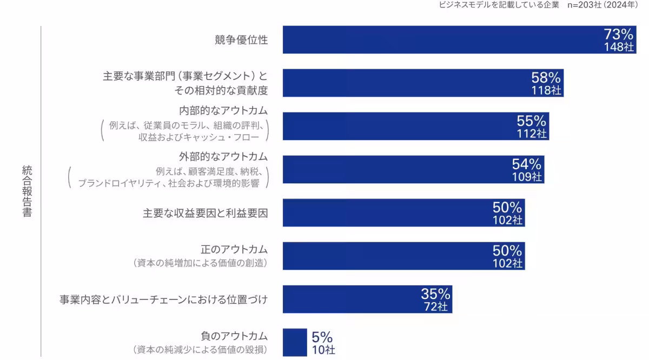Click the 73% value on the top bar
pyautogui.click(x=618, y=35)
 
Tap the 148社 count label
pyautogui.click(x=619, y=46)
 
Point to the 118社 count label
pyautogui.click(x=546, y=90)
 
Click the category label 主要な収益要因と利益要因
pyautogui.click(x=205, y=213)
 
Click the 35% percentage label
pyautogui.click(x=435, y=294)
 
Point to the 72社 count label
pyautogui.click(x=436, y=306)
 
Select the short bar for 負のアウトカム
pyautogui.click(x=294, y=342)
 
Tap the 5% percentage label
pyautogui.click(x=322, y=337)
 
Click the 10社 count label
pyautogui.click(x=323, y=350)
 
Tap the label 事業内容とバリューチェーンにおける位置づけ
pyautogui.click(x=163, y=299)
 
